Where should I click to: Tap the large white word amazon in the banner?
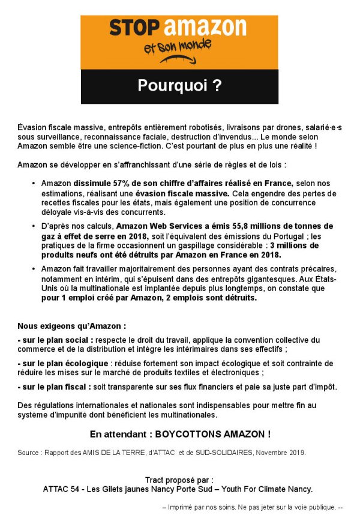pos(205,28)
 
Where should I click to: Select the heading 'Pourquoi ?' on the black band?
pos(179,86)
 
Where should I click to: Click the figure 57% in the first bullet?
pos(121,183)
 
